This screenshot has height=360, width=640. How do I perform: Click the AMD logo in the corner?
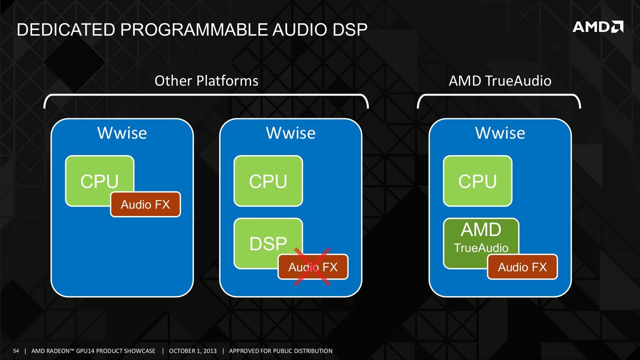pyautogui.click(x=598, y=27)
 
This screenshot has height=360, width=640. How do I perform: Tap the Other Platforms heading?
pyautogui.click(x=206, y=81)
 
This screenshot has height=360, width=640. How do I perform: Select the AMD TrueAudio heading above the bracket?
pyautogui.click(x=500, y=81)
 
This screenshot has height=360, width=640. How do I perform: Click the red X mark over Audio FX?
pyautogui.click(x=313, y=267)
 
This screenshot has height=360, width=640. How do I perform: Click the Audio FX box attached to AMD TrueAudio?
pyautogui.click(x=522, y=267)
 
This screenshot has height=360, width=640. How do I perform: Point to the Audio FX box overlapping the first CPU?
pyautogui.click(x=145, y=204)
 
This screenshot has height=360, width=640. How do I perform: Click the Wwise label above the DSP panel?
pyautogui.click(x=291, y=133)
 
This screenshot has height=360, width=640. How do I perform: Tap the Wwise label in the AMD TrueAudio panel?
pyautogui.click(x=500, y=133)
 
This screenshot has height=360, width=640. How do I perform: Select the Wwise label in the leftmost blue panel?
pyautogui.click(x=122, y=133)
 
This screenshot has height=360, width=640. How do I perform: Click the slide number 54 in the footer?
pyautogui.click(x=16, y=351)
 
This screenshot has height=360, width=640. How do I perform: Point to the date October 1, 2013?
pyautogui.click(x=193, y=351)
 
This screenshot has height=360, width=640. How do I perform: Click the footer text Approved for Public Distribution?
pyautogui.click(x=280, y=351)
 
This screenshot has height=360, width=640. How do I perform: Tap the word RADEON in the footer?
pyautogui.click(x=61, y=351)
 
